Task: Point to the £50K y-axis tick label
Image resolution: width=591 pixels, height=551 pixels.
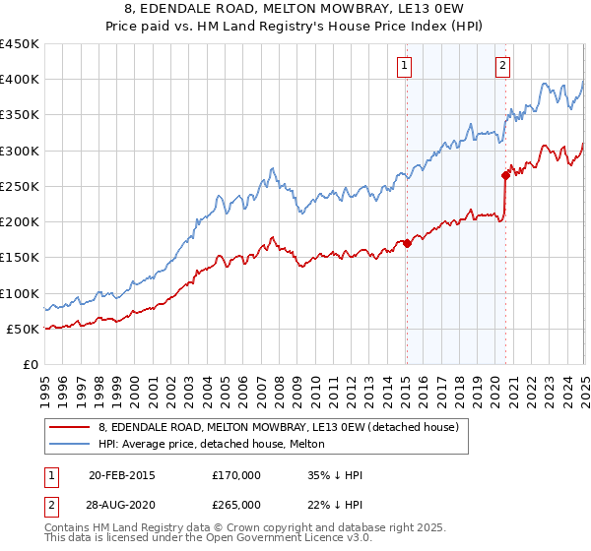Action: pos(24,329)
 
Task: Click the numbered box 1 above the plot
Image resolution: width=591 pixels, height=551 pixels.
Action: pos(405,66)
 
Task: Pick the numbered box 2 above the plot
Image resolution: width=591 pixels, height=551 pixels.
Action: pos(502,66)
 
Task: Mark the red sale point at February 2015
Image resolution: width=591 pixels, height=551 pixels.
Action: pos(407,243)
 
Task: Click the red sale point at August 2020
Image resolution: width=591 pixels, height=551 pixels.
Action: pos(505,176)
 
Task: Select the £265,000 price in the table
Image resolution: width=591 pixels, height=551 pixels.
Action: pos(235,504)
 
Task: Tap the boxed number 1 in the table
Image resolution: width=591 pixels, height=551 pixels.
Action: pos(50,475)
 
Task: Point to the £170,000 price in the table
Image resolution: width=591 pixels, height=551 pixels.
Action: pos(235,475)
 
